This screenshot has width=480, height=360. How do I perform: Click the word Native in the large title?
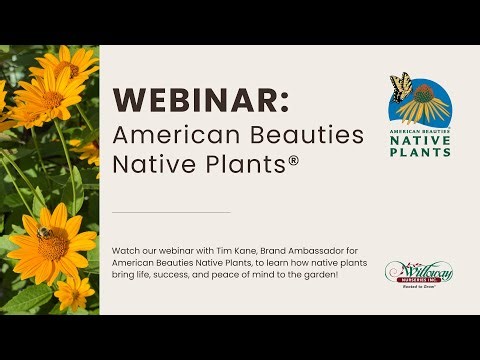pyautogui.click(x=148, y=166)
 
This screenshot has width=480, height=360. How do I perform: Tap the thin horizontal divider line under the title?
pyautogui.click(x=170, y=212)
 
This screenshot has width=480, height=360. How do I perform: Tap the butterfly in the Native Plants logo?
pyautogui.click(x=402, y=88)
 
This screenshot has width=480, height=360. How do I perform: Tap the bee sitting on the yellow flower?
pyautogui.click(x=43, y=232)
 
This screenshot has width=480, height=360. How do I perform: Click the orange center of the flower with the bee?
pyautogui.click(x=54, y=241)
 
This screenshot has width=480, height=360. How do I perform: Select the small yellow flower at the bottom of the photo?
pyautogui.click(x=73, y=292)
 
